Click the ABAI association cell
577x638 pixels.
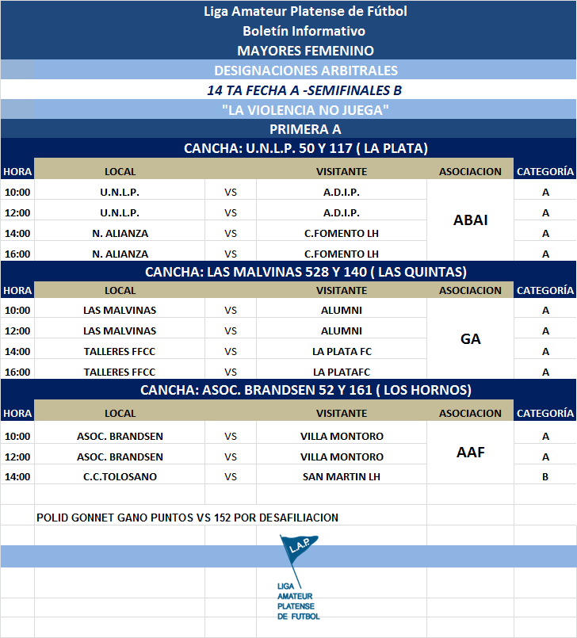(470, 220)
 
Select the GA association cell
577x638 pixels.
(470, 339)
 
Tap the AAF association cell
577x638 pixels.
(470, 453)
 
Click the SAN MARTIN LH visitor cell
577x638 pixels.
(342, 477)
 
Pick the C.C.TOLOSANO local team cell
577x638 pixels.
(120, 477)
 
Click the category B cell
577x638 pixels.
(545, 477)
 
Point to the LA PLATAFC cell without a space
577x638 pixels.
(342, 372)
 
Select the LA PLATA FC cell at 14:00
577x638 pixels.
(342, 351)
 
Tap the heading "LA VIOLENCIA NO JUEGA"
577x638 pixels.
(305, 109)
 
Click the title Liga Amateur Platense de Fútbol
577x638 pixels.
(305, 11)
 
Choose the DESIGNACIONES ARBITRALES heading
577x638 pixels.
(305, 71)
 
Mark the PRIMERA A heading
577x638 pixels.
(305, 129)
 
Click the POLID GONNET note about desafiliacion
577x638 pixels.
(188, 518)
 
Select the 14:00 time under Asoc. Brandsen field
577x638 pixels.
(17, 477)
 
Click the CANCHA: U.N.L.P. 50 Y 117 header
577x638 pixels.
(305, 148)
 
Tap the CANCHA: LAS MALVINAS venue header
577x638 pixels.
(305, 272)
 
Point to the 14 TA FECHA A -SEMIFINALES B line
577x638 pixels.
(305, 90)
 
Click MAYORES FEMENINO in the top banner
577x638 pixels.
(305, 51)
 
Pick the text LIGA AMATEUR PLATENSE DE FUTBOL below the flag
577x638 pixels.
(298, 601)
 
